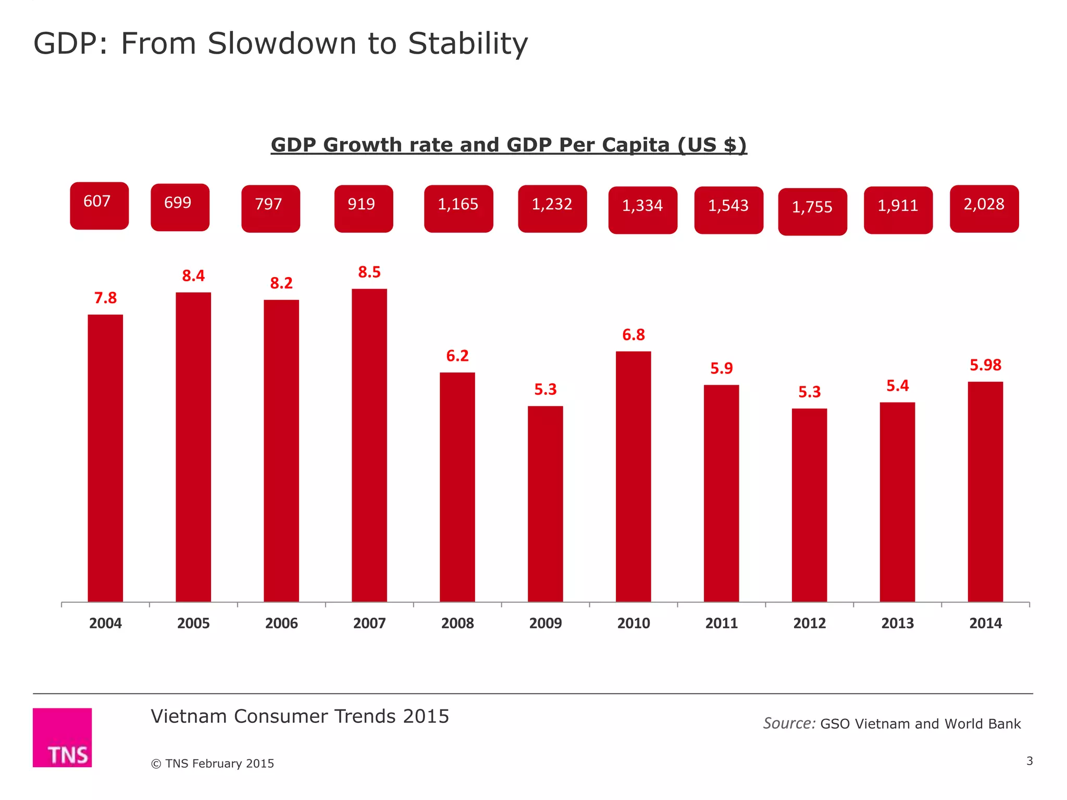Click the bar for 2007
pyautogui.click(x=369, y=445)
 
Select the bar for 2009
pyautogui.click(x=545, y=504)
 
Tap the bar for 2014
pyautogui.click(x=985, y=492)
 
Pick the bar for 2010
pyautogui.click(x=633, y=477)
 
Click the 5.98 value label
pyautogui.click(x=985, y=365)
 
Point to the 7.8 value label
pyautogui.click(x=105, y=298)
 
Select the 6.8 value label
pyautogui.click(x=633, y=335)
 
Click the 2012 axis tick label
pyautogui.click(x=809, y=623)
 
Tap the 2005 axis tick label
pyautogui.click(x=193, y=623)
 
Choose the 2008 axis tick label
pyautogui.click(x=457, y=623)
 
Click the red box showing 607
pyautogui.click(x=99, y=205)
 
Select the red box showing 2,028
pyautogui.click(x=984, y=208)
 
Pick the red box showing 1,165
pyautogui.click(x=458, y=208)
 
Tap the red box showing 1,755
pyautogui.click(x=812, y=211)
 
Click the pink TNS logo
pyautogui.click(x=63, y=737)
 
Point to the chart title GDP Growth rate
pyautogui.click(x=508, y=145)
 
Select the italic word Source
pyautogui.click(x=788, y=723)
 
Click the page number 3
pyautogui.click(x=1029, y=761)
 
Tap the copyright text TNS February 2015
pyautogui.click(x=213, y=763)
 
